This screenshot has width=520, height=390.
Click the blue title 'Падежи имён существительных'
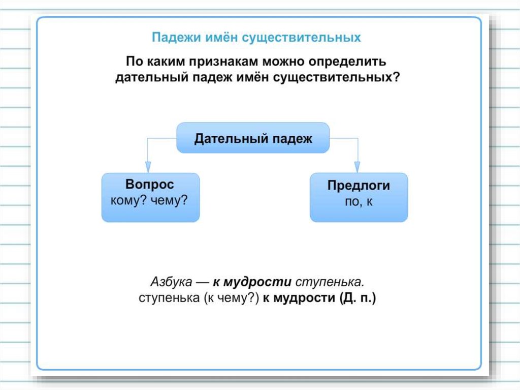click(256, 38)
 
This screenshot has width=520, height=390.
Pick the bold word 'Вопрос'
click(150, 185)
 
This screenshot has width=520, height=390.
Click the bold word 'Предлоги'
click(359, 186)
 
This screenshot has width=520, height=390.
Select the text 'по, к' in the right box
click(359, 201)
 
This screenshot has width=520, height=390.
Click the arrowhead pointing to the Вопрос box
click(148, 167)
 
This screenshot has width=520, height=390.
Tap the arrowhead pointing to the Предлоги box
click(357, 167)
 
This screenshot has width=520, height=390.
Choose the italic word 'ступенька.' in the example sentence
click(337, 282)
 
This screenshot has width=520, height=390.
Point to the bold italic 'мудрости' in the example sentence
click(265, 282)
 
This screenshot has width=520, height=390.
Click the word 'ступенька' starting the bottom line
click(170, 298)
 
